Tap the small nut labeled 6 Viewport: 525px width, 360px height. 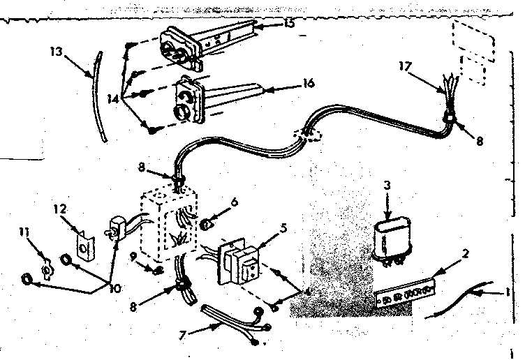(x=207, y=224)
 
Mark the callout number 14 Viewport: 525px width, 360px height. (x=109, y=98)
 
